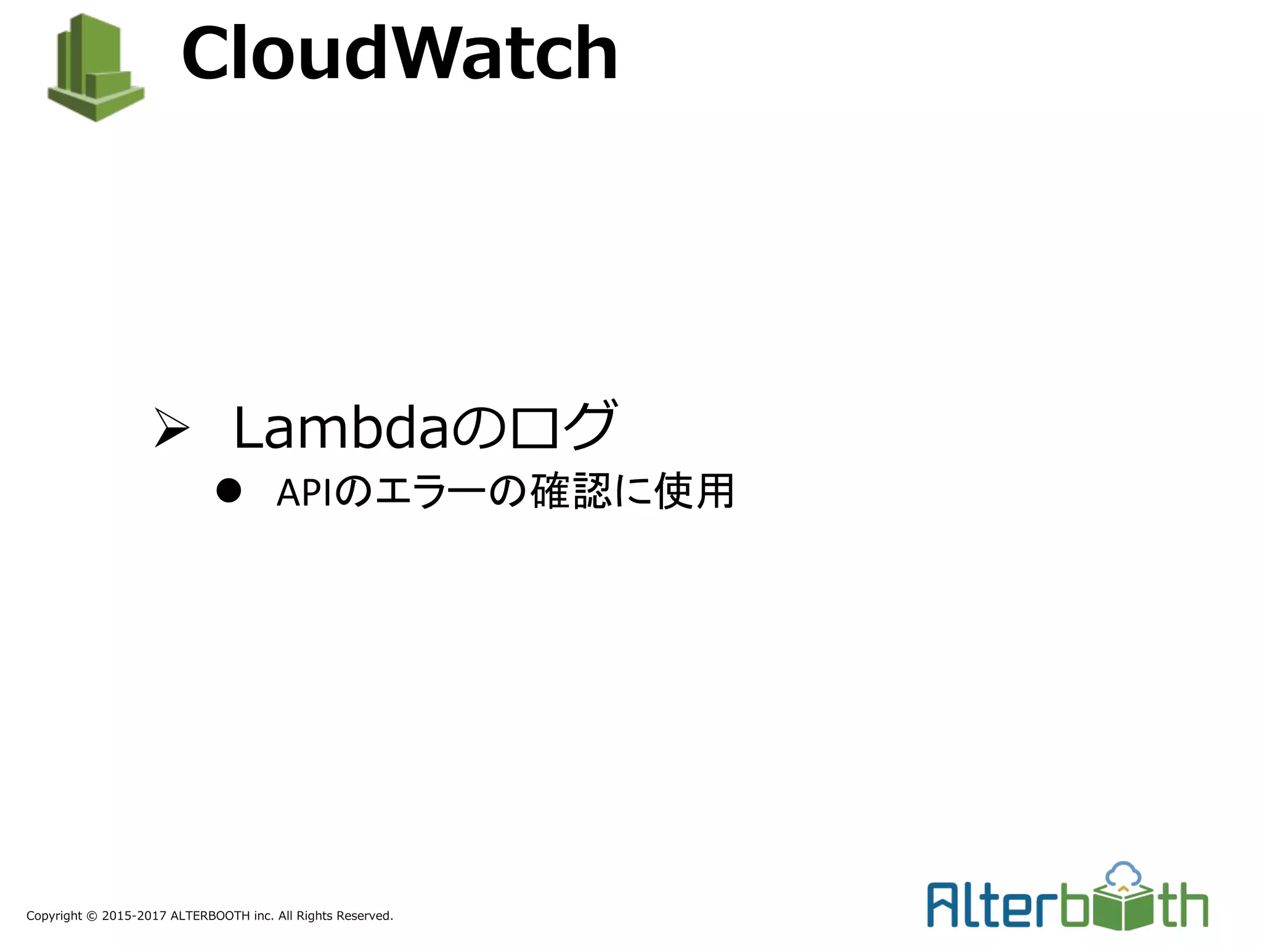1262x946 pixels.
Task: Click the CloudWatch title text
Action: coord(399,54)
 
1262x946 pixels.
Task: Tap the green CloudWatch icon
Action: coord(96,68)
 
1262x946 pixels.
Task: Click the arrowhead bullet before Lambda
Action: coord(171,427)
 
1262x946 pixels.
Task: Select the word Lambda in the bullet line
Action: coord(341,427)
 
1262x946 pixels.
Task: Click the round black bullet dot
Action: coord(229,491)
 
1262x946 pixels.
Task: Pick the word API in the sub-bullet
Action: coord(304,493)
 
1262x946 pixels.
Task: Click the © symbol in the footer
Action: coord(91,916)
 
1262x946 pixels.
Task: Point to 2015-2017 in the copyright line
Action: coord(134,916)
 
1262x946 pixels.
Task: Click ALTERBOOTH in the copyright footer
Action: coord(210,916)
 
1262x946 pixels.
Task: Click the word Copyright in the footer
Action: coord(54,916)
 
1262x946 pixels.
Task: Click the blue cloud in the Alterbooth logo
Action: coord(1123,873)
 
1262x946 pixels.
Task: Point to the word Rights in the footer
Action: coord(314,916)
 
